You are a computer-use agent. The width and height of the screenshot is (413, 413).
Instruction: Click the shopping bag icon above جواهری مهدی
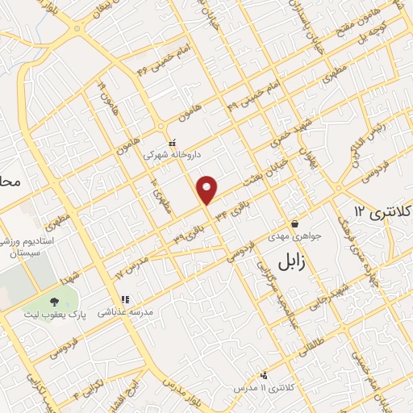point(294,223)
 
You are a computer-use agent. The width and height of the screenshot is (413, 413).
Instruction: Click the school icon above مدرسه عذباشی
point(124,299)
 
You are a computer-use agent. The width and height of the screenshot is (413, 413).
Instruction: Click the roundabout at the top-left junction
point(77,29)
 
